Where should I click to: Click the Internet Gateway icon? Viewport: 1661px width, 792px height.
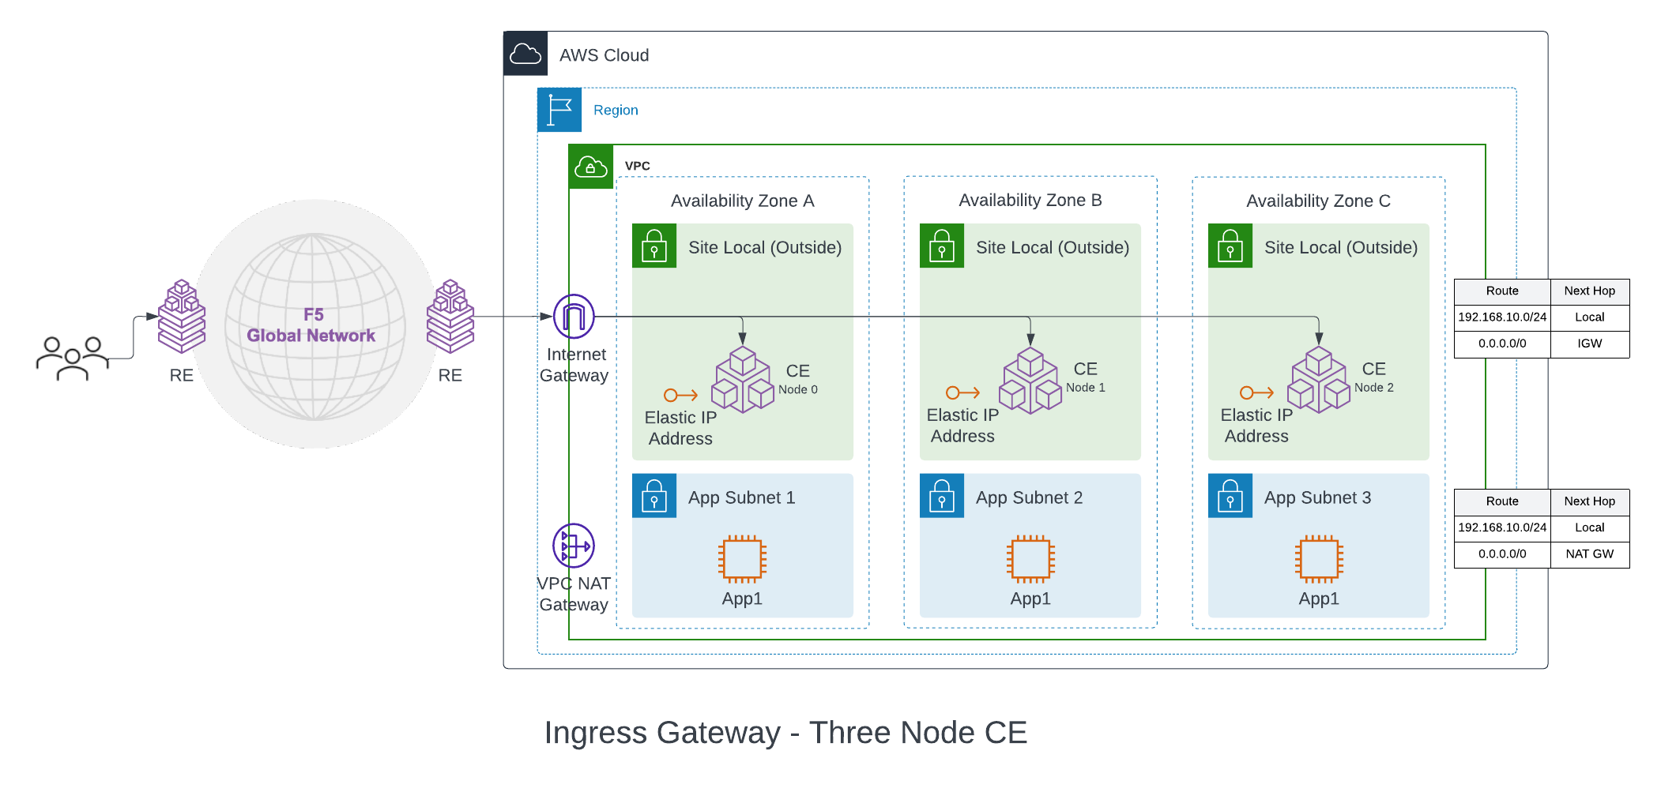[x=574, y=317]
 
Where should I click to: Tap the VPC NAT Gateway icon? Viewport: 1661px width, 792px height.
[x=574, y=546]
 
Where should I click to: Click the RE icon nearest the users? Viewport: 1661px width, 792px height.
[x=182, y=316]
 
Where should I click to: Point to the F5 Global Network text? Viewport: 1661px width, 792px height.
[x=312, y=325]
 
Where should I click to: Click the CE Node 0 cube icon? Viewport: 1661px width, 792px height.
[x=742, y=381]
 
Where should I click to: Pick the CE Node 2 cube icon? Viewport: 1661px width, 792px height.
[x=1318, y=380]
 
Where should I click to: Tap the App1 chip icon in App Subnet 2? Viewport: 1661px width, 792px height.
[x=1030, y=559]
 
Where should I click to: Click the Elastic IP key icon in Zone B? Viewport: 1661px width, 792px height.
[x=962, y=392]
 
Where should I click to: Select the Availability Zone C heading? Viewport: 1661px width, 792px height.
[x=1318, y=201]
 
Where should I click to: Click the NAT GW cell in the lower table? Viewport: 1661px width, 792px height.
[x=1589, y=554]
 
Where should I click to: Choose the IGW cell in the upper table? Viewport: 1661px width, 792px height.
[x=1589, y=343]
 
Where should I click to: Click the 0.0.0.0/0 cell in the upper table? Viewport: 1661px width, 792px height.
[x=1501, y=343]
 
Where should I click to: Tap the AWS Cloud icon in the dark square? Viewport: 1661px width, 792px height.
[x=525, y=54]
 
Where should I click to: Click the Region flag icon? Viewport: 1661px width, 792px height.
[x=559, y=110]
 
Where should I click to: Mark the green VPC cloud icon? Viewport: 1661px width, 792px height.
[x=591, y=167]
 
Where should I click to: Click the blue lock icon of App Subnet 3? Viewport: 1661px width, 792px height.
[x=1230, y=496]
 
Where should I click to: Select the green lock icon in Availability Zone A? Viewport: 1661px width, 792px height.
[x=654, y=246]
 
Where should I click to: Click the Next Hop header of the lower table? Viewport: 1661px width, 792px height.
[x=1589, y=501]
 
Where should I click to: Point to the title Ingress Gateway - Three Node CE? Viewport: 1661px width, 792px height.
[x=785, y=733]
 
